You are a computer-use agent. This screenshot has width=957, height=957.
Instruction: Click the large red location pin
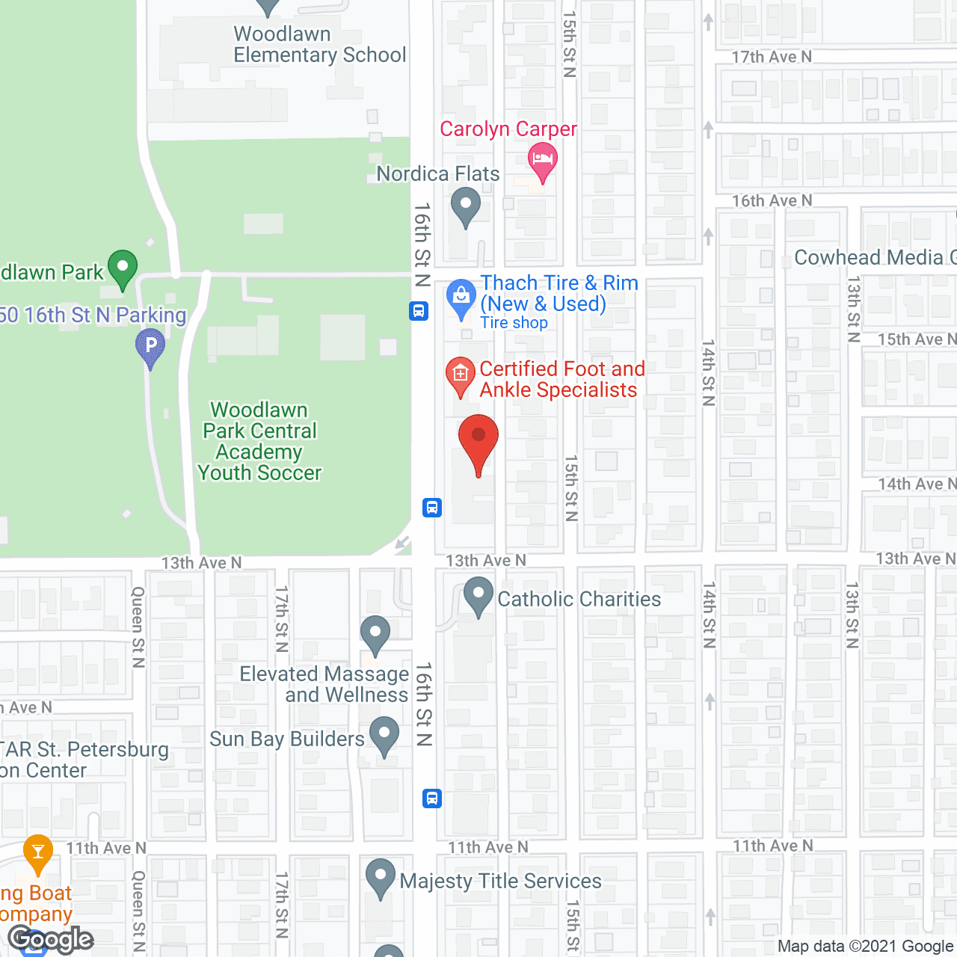[x=478, y=441]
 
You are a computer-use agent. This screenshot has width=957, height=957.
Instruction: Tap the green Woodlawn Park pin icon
[x=123, y=268]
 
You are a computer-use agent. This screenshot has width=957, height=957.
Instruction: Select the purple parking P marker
[x=150, y=348]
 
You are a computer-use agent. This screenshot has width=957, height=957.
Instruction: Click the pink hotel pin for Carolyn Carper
[x=543, y=161]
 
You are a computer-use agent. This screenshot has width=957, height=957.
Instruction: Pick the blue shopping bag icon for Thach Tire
[x=461, y=298]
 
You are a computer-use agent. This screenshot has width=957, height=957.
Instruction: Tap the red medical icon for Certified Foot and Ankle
[x=461, y=375]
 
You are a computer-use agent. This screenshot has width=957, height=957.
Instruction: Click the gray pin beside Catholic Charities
[x=478, y=596]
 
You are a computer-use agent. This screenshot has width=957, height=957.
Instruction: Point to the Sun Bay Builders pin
[x=384, y=735]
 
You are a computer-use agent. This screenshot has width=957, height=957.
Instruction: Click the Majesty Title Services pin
[x=381, y=877]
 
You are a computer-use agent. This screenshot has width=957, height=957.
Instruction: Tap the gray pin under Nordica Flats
[x=466, y=206]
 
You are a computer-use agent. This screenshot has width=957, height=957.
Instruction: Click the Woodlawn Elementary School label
[x=319, y=45]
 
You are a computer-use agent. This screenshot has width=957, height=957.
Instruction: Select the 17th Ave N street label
[x=771, y=57]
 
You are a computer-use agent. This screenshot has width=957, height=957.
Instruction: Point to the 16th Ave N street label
[x=771, y=200]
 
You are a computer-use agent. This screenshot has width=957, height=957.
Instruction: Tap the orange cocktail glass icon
[x=38, y=852]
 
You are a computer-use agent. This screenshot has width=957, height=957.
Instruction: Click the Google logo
[x=50, y=938]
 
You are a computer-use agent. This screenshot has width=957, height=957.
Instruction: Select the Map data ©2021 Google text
[x=866, y=946]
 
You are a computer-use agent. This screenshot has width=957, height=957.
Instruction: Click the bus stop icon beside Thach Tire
[x=419, y=311]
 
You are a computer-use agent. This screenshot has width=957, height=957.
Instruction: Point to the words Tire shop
[x=514, y=323]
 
